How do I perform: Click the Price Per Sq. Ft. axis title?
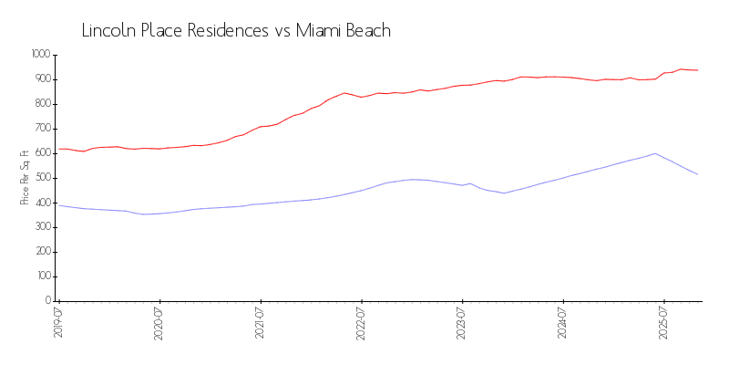(x=25, y=177)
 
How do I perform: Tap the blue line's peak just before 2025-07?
(x=655, y=153)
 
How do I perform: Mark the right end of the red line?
(x=698, y=70)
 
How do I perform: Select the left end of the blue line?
(x=59, y=205)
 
